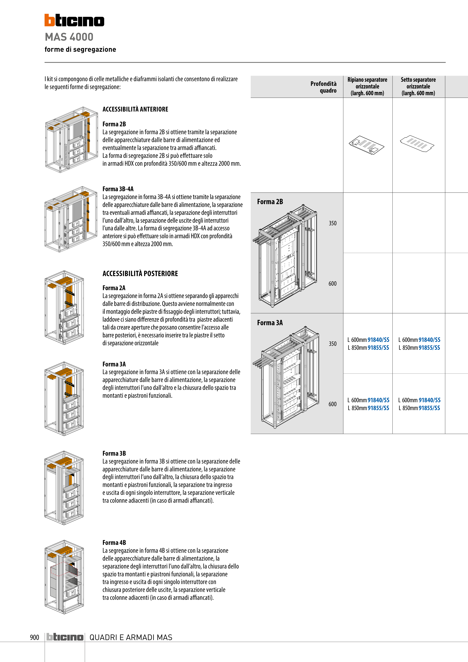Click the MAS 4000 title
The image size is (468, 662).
(x=69, y=37)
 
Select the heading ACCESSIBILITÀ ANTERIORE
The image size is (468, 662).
(x=135, y=109)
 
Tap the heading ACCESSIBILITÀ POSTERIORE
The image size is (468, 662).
(x=140, y=274)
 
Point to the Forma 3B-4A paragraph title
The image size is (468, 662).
(x=118, y=189)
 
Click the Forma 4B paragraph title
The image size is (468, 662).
(x=114, y=543)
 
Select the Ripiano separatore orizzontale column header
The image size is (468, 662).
(x=367, y=86)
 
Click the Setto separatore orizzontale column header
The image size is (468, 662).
(x=418, y=86)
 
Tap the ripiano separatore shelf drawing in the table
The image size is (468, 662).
(x=366, y=145)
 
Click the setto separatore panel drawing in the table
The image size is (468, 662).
(x=417, y=142)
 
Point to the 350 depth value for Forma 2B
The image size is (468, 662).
(x=332, y=223)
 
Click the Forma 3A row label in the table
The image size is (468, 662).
(x=270, y=323)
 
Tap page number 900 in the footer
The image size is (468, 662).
(x=35, y=637)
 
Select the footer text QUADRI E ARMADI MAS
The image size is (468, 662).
(x=131, y=637)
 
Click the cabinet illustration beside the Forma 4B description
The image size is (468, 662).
(x=64, y=577)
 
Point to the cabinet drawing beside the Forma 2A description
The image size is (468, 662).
(x=64, y=307)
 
